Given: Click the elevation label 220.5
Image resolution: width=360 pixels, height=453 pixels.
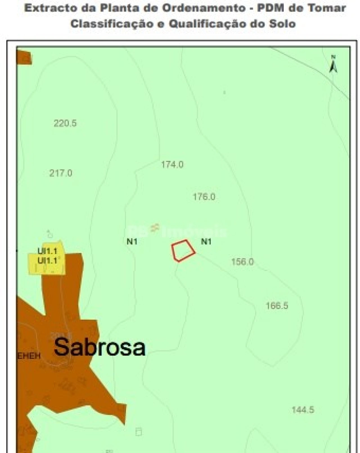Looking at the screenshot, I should (65, 123).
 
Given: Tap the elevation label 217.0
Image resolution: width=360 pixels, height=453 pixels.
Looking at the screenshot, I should (61, 173).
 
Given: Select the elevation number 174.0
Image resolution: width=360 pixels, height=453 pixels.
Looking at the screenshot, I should (172, 164).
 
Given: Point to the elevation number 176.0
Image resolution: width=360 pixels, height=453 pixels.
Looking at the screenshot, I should (204, 197).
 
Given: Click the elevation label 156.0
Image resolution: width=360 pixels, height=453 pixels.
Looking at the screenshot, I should (242, 262).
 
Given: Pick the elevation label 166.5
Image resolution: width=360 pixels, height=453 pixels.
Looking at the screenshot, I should (277, 306).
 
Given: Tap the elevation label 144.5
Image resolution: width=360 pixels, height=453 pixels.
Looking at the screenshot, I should (303, 410).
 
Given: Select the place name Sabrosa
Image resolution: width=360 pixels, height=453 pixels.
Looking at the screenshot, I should (100, 347).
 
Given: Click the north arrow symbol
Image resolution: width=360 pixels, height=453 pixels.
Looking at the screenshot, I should (333, 64).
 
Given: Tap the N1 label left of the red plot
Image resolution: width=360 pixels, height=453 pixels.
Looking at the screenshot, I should (132, 242).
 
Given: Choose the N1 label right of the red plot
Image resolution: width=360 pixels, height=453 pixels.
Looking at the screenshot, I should (206, 242).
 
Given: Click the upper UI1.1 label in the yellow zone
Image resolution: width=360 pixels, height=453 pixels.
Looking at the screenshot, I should (47, 251).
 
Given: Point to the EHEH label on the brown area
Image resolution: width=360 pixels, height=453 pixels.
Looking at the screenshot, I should (29, 356).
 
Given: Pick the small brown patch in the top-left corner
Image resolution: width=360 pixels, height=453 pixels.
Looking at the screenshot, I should (24, 57).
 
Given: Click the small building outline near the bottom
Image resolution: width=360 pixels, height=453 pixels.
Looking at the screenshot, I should (139, 432).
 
